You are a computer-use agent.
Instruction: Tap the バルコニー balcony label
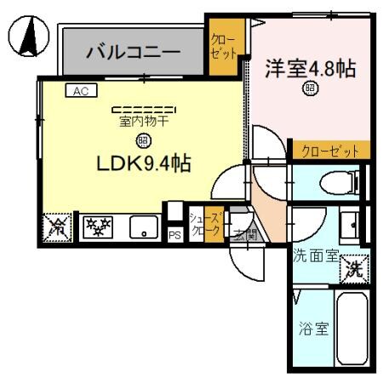131,54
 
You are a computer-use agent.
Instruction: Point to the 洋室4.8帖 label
308,68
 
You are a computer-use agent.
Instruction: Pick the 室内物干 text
143,121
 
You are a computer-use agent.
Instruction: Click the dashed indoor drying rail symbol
143,109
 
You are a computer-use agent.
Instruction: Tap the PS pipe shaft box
174,235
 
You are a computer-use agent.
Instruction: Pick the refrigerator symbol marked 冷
56,227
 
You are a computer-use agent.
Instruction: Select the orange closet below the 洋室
328,151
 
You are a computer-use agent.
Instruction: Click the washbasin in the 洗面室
350,223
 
